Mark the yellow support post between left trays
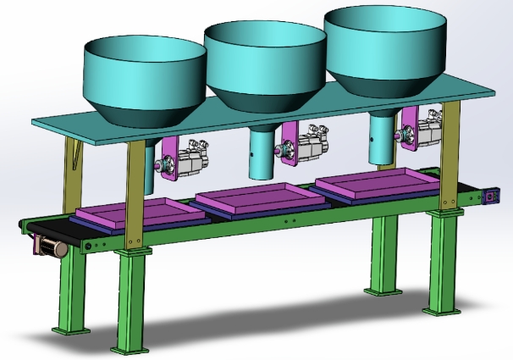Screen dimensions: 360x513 (135, 195)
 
